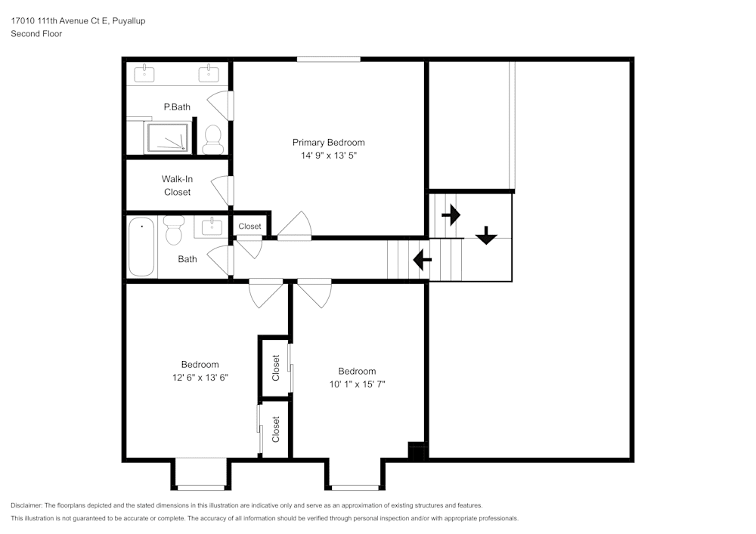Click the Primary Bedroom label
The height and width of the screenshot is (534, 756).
[x=328, y=142]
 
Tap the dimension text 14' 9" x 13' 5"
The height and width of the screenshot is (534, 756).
[x=328, y=156]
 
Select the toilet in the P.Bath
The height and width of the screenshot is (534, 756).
[x=212, y=138]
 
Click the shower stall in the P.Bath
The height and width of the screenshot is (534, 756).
[x=166, y=139]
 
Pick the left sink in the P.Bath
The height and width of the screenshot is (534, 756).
[x=144, y=73]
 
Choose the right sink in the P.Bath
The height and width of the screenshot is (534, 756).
[x=209, y=73]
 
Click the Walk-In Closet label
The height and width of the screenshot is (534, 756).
[x=177, y=186]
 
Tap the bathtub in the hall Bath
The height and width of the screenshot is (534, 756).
[x=141, y=246]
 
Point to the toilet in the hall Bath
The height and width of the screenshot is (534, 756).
[x=174, y=230]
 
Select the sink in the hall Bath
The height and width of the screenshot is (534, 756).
[x=212, y=225]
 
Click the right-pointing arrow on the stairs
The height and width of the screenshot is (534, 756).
[x=451, y=215]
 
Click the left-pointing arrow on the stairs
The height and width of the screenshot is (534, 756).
[x=422, y=261]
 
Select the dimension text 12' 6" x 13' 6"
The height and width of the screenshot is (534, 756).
[x=200, y=377]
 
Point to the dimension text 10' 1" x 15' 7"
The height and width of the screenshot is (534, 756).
[x=357, y=384]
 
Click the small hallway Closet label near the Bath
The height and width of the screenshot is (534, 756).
[x=249, y=226]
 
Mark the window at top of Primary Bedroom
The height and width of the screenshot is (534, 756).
[x=328, y=59]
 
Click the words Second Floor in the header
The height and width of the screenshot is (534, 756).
[x=36, y=34]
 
